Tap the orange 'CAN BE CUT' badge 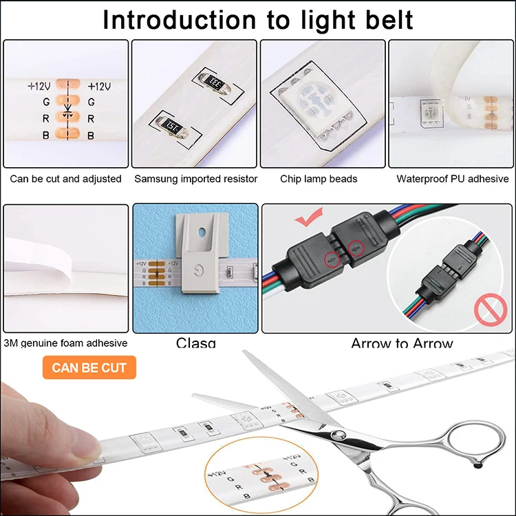89,367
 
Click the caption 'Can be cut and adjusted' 65,179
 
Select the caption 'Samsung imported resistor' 195,179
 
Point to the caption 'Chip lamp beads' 319,179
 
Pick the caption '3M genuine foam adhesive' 65,343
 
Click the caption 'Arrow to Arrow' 402,343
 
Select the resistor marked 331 213,80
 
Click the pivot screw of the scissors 338,434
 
